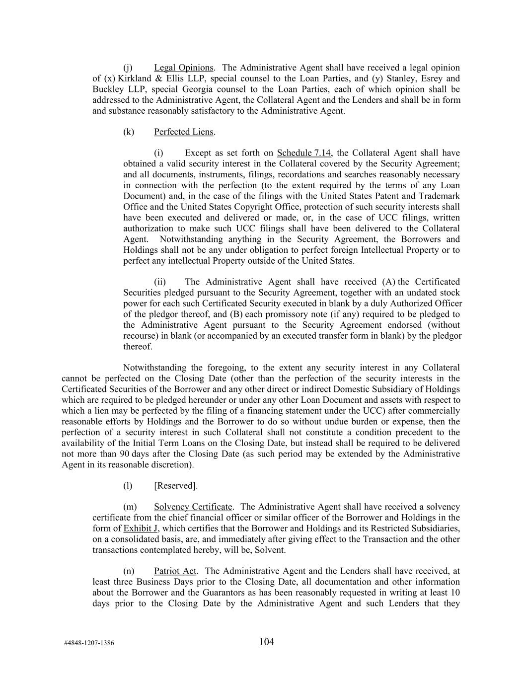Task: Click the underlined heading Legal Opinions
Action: click(x=183, y=68)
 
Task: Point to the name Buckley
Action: click(x=108, y=89)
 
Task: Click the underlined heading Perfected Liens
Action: click(x=183, y=132)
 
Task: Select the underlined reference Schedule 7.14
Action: click(x=304, y=153)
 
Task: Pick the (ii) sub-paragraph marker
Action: click(x=160, y=282)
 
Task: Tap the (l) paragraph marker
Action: click(x=128, y=486)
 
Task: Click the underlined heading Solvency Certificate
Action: click(x=193, y=507)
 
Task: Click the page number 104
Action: click(x=267, y=642)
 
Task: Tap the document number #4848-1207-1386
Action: click(x=89, y=643)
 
